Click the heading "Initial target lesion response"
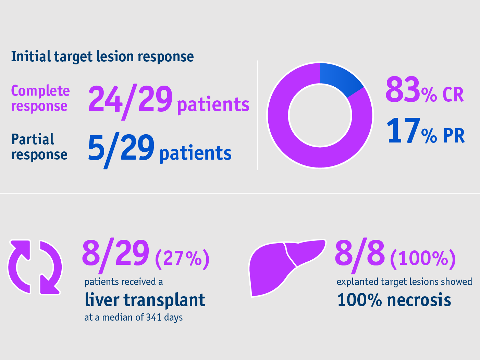coord(102,57)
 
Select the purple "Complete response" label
coord(40,98)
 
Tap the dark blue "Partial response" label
coord(39,147)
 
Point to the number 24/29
coord(130,100)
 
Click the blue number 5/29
coord(121,149)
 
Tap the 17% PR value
coord(425,132)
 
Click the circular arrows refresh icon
coord(35,267)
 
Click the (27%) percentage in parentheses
coord(182,259)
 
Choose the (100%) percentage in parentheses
coord(423,259)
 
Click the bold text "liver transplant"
coord(145,300)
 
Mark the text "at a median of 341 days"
coord(133,318)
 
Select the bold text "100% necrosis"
coord(394,300)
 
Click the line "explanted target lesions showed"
coord(404,282)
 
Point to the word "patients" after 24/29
coord(213,105)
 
